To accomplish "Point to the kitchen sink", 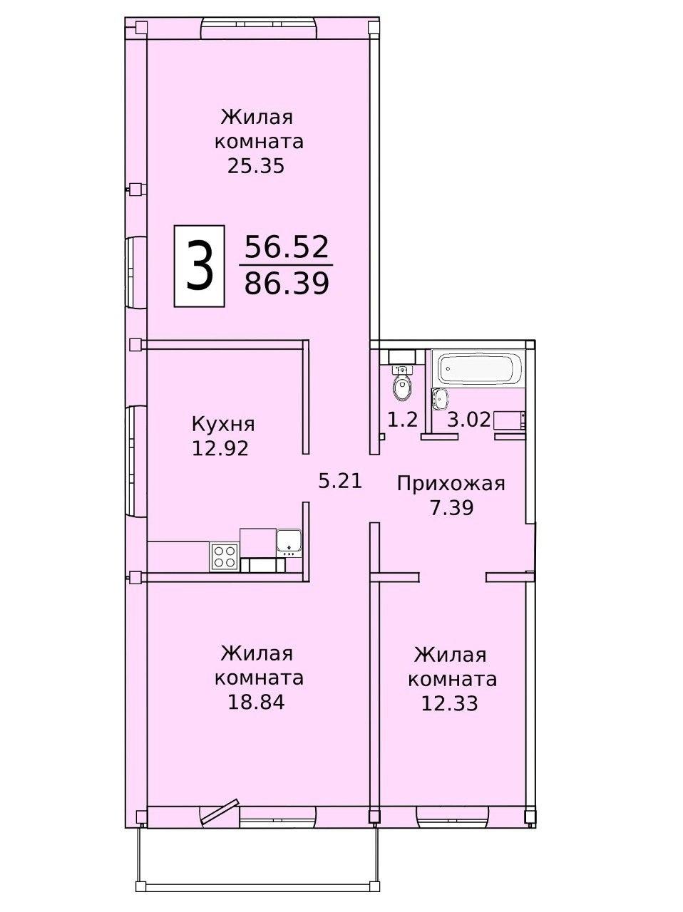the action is (289, 543).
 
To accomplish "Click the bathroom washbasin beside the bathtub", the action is (440, 398).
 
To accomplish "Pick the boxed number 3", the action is (199, 266).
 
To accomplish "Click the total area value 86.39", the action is (287, 284).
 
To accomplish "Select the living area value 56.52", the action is (287, 247).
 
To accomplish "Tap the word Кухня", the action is (223, 425).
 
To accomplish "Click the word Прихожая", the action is (451, 484).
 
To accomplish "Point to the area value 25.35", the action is (256, 166).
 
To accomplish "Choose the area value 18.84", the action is (256, 703).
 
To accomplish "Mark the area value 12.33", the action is (449, 703).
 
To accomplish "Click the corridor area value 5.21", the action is (341, 481).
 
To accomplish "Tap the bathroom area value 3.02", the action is (469, 420).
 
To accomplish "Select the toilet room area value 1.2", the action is (402, 420).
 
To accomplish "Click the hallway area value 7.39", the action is (451, 508).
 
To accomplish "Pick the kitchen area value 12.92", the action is (220, 448).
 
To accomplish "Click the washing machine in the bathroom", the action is (510, 420).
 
